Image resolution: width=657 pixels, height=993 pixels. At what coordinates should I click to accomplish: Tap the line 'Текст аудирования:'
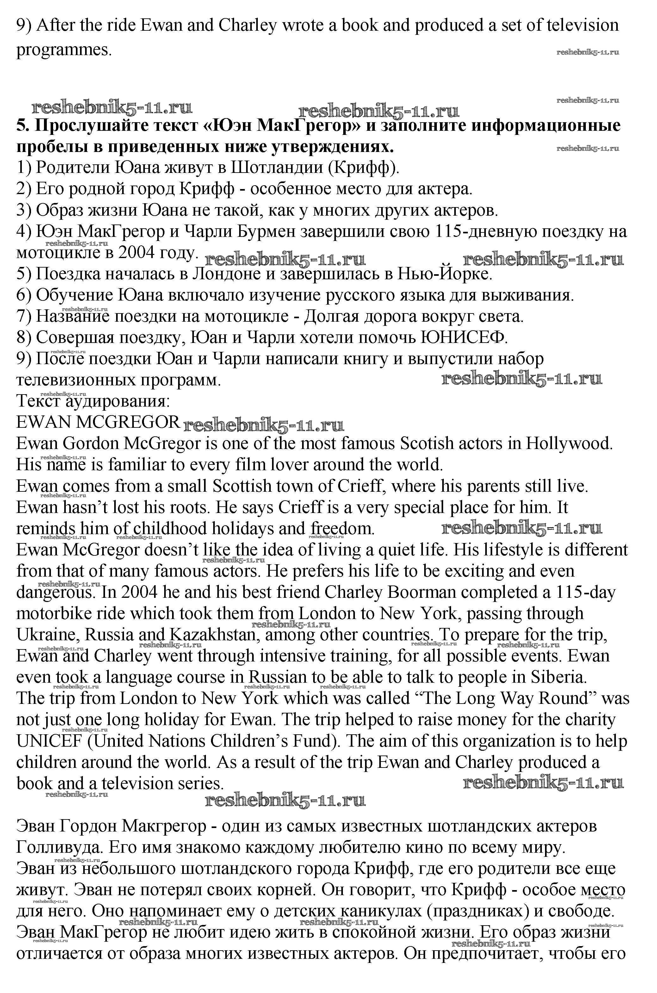click(93, 401)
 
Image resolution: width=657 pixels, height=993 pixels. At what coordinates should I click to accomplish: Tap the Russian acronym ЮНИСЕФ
click(463, 338)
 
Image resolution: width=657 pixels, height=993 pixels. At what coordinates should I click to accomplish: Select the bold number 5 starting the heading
click(22, 126)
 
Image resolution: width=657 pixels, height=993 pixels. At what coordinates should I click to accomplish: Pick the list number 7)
click(24, 317)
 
